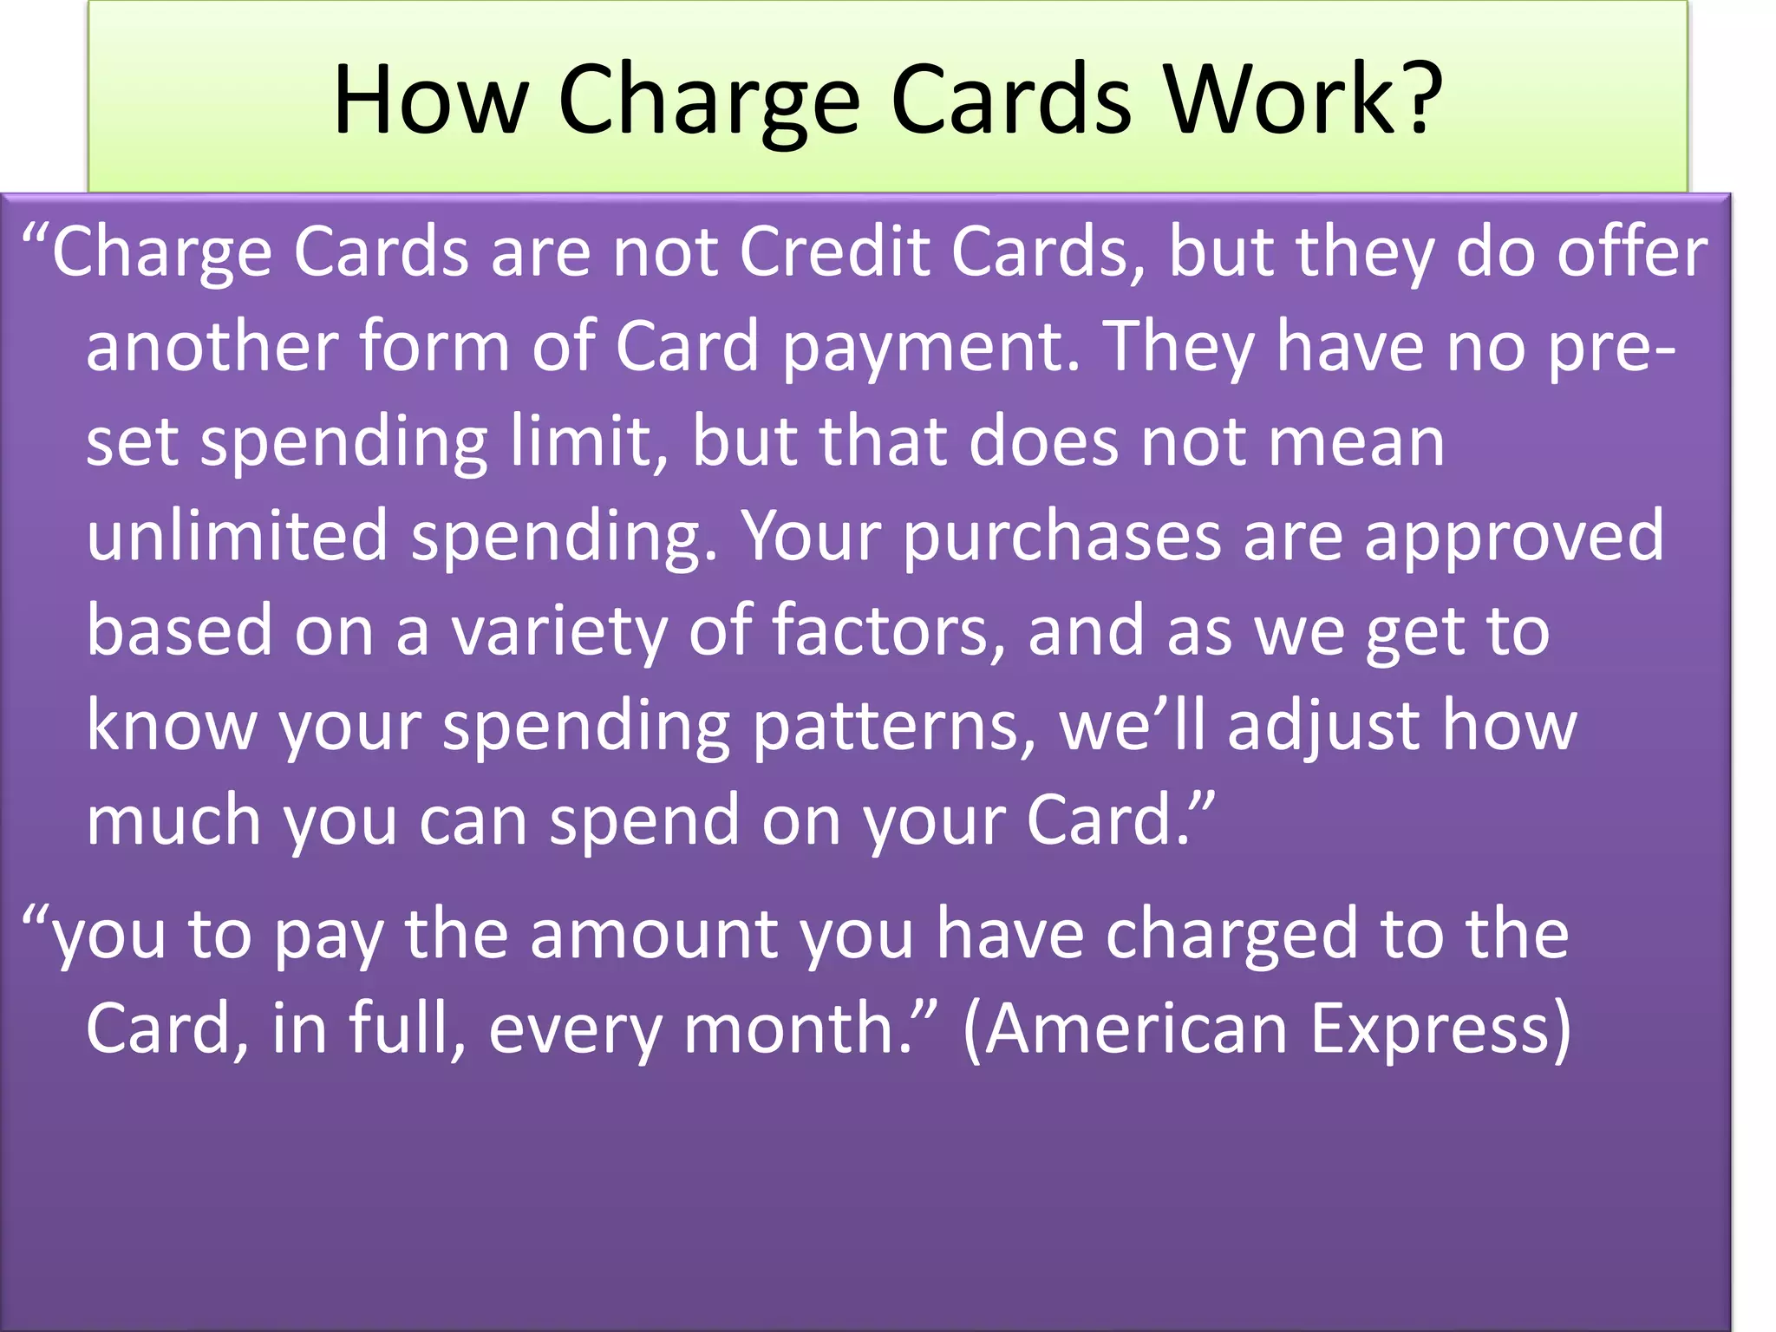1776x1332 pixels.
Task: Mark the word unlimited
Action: (x=237, y=536)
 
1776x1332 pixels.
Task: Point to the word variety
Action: (x=558, y=631)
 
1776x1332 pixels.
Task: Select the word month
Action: (x=798, y=1028)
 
